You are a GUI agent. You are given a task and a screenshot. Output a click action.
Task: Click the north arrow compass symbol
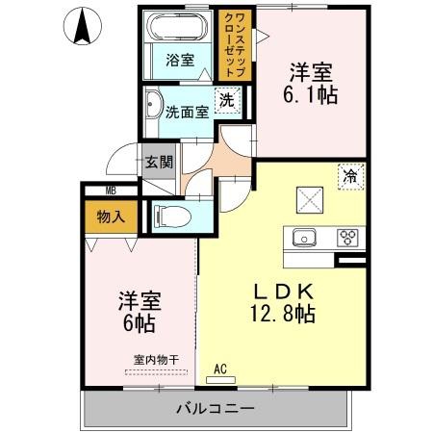click(x=83, y=26)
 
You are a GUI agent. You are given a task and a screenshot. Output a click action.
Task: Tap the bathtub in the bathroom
click(x=178, y=26)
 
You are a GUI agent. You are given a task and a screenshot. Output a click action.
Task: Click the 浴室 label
click(x=180, y=60)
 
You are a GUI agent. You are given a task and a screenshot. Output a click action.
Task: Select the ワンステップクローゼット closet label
click(x=236, y=44)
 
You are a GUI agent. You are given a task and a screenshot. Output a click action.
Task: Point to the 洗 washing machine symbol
click(x=227, y=100)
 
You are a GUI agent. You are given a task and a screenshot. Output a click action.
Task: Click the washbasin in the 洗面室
click(x=153, y=105)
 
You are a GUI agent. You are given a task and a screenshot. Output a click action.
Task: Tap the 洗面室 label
click(x=188, y=113)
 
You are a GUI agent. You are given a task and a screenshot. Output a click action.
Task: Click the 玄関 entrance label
click(x=159, y=162)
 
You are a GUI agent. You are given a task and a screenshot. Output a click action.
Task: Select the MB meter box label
click(x=111, y=191)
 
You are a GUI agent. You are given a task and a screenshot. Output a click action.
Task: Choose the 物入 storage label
click(x=111, y=217)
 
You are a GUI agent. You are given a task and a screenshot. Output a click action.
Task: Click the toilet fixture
click(x=172, y=216)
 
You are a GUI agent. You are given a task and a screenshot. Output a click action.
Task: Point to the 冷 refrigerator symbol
click(x=351, y=176)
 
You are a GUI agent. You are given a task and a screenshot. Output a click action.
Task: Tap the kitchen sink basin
click(x=304, y=238)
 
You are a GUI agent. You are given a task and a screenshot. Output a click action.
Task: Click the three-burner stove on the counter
click(x=347, y=238)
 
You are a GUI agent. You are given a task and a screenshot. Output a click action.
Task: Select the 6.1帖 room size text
click(x=310, y=95)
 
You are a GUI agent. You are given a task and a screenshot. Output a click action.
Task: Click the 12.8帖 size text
click(x=282, y=314)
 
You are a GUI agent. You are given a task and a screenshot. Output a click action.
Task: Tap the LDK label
click(x=284, y=292)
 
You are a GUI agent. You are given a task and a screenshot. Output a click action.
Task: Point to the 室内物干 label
click(x=156, y=360)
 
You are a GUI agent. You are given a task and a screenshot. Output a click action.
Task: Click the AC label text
click(x=220, y=369)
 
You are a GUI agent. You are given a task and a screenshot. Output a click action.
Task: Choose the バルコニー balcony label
click(x=216, y=408)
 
